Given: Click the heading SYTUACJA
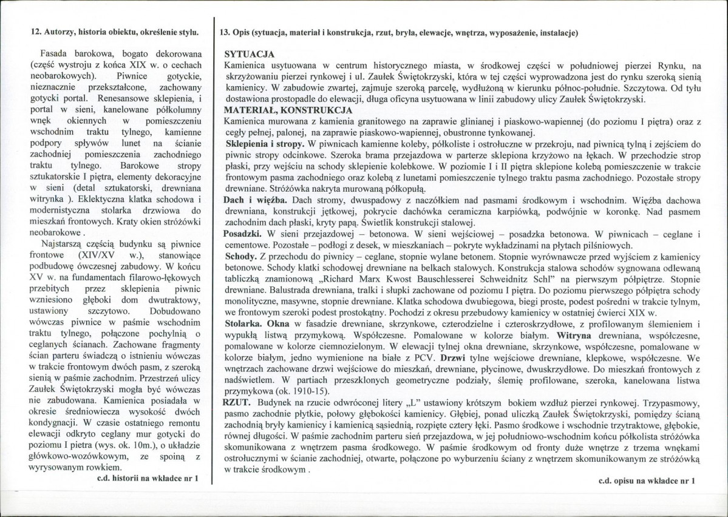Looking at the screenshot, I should coord(249,54).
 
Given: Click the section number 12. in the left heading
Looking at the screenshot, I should coord(36,32).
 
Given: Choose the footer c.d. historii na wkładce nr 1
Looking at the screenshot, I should coord(148,479).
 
